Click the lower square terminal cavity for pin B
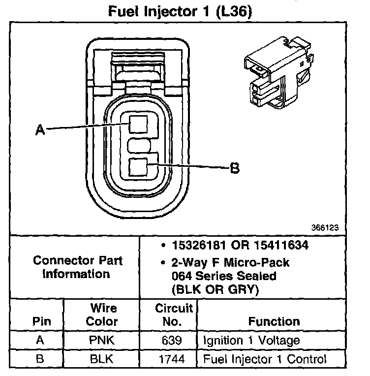(x=138, y=167)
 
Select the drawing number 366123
(x=325, y=228)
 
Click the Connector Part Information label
(x=78, y=267)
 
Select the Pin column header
(x=42, y=322)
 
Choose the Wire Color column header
(x=102, y=315)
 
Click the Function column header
(x=274, y=322)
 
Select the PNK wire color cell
(x=102, y=341)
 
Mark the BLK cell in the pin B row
(x=102, y=359)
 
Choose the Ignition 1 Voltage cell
(x=251, y=341)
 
